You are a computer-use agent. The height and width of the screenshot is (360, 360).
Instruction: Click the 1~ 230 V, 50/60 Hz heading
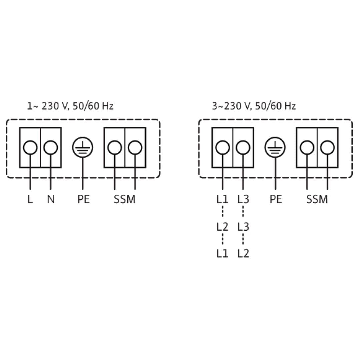click(x=70, y=106)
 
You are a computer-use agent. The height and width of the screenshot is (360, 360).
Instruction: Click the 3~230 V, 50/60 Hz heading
click(x=254, y=106)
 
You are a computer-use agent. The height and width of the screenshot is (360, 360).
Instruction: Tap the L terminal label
click(x=30, y=199)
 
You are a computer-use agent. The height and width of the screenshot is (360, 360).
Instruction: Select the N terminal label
click(x=51, y=199)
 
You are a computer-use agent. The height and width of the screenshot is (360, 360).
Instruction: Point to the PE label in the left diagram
click(x=83, y=199)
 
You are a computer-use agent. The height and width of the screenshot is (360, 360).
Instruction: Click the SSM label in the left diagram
click(x=124, y=199)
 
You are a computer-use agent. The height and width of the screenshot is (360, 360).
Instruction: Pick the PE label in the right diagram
click(x=276, y=199)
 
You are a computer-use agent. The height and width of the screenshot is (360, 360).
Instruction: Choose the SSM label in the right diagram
click(x=317, y=199)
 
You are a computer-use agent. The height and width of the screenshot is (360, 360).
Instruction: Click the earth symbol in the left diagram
click(x=83, y=147)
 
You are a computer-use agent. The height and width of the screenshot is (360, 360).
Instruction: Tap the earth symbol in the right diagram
click(x=275, y=147)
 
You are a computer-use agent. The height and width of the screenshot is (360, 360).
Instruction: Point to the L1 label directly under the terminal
click(x=222, y=199)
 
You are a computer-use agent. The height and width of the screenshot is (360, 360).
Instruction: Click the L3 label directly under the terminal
click(x=243, y=199)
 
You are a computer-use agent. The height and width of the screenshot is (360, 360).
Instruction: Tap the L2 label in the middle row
click(x=222, y=227)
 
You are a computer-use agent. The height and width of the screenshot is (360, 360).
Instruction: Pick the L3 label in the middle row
click(x=243, y=227)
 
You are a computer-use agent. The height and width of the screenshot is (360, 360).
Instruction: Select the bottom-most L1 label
click(x=222, y=253)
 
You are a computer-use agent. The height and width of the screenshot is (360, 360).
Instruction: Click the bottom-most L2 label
click(x=243, y=253)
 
